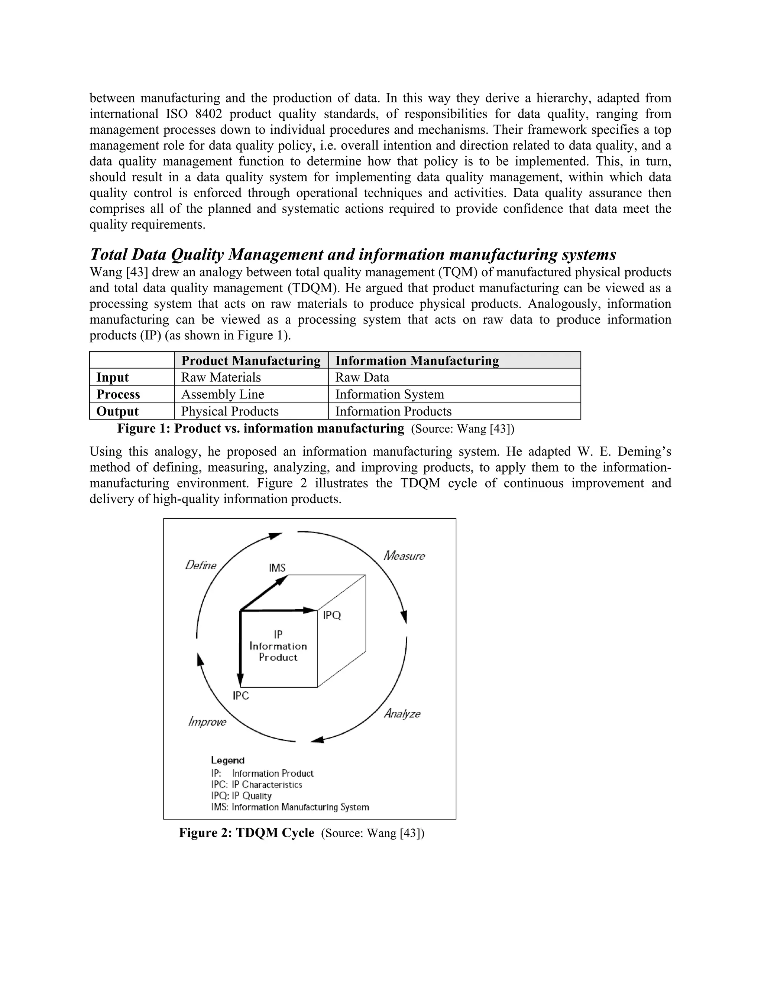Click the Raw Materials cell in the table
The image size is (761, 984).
click(x=221, y=377)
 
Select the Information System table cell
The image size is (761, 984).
click(x=389, y=394)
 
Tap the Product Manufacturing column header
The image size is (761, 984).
click(x=251, y=361)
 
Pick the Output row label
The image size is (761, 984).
click(x=117, y=411)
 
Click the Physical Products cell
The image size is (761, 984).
click(x=230, y=411)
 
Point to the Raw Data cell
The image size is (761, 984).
click(x=362, y=377)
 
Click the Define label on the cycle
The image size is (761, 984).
click(x=201, y=566)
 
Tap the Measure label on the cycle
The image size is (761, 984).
click(x=404, y=556)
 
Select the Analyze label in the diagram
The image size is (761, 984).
click(x=402, y=714)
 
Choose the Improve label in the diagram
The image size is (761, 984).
click(x=207, y=722)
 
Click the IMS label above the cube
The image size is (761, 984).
click(x=277, y=568)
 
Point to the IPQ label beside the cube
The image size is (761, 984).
click(x=332, y=615)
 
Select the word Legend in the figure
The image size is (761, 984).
click(x=228, y=760)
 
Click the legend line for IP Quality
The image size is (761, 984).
click(x=242, y=796)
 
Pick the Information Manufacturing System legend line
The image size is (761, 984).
click(x=290, y=807)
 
